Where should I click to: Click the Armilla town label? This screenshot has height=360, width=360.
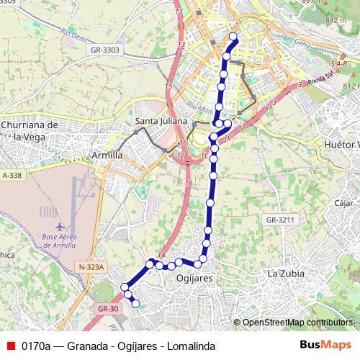(x=107, y=155)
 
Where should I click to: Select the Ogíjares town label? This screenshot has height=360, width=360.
(x=196, y=277)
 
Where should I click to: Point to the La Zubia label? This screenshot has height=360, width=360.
(x=286, y=274)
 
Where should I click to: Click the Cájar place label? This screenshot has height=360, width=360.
(x=343, y=203)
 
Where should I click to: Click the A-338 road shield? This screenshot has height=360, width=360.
(x=12, y=175)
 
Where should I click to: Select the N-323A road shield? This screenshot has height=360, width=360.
(x=90, y=267)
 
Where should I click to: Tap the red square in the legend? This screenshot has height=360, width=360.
(x=11, y=345)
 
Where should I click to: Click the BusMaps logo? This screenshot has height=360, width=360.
(x=325, y=345)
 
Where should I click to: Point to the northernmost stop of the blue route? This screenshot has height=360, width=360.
(x=233, y=37)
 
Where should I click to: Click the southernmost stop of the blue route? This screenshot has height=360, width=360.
(x=135, y=305)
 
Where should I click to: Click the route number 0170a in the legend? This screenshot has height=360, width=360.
(x=36, y=345)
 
